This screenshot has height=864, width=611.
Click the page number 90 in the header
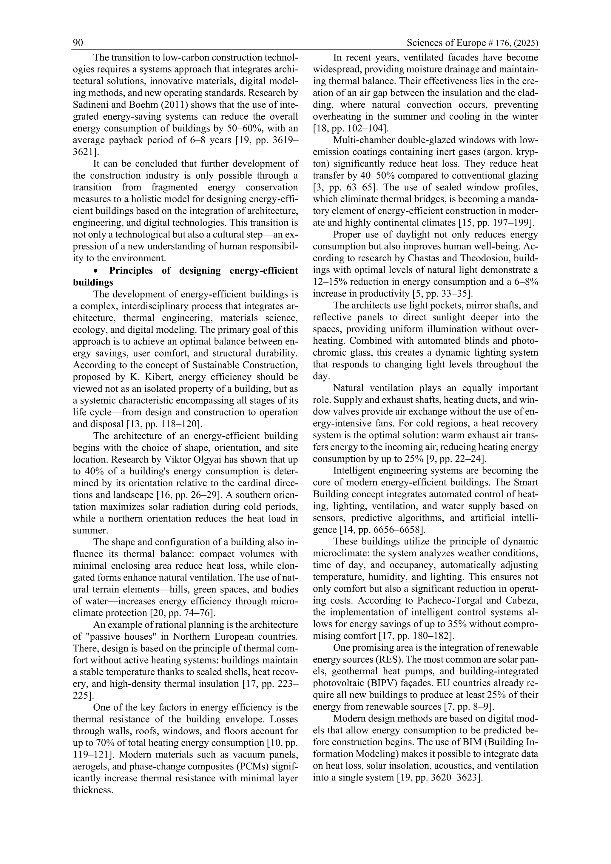point(78,43)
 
